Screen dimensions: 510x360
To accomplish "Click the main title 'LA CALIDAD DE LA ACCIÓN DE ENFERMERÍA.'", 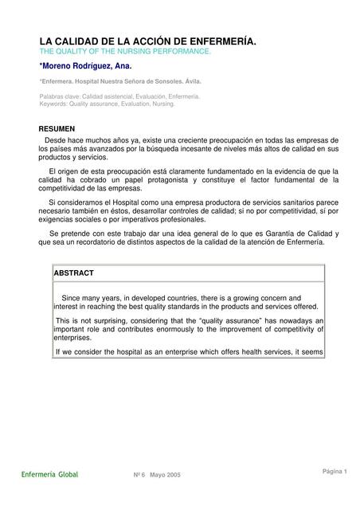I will [148, 41].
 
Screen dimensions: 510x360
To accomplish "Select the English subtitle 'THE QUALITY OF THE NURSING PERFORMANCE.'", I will [125, 51].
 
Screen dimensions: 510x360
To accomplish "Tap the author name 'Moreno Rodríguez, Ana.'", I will [87, 66].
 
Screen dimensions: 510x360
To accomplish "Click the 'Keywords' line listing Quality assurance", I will [108, 104].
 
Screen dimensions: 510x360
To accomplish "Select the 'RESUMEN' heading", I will [57, 128].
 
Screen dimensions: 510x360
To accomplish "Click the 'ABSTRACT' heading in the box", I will [73, 273].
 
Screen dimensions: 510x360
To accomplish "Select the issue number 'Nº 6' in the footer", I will [139, 475].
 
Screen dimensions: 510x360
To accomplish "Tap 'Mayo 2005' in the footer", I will [165, 475].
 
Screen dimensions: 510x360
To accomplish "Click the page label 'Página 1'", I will [335, 471].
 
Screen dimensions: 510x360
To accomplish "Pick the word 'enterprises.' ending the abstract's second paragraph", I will [73, 338].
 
